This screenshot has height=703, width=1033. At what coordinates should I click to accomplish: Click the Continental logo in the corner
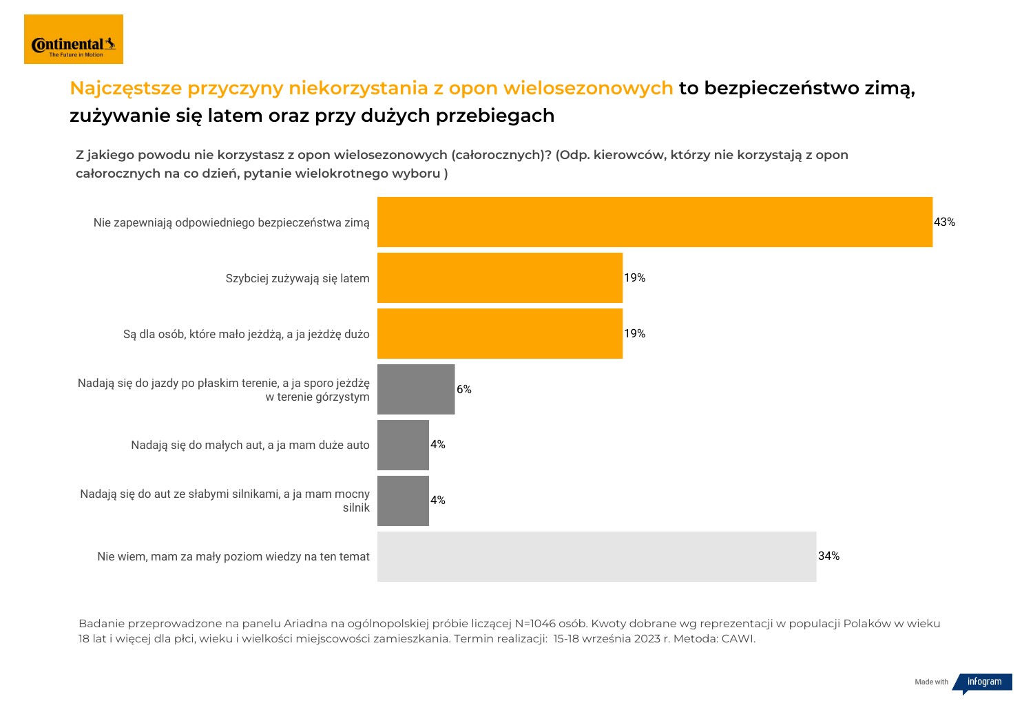tap(74, 39)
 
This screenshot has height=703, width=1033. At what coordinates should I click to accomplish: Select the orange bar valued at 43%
tap(654, 222)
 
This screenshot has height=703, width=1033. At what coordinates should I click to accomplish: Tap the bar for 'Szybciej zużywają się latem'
tap(499, 277)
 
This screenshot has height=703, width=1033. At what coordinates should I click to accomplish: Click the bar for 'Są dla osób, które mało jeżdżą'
tap(499, 333)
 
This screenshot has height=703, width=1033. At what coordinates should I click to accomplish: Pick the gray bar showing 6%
tap(416, 389)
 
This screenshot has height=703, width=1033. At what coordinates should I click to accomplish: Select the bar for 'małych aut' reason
tap(403, 445)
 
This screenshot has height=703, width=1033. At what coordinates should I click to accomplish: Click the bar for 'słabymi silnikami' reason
tap(403, 501)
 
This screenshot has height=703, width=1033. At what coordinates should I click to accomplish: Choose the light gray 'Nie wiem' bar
tap(596, 556)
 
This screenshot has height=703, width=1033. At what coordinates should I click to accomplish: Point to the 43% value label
tap(944, 222)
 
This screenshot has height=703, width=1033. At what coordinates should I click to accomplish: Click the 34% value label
tap(828, 556)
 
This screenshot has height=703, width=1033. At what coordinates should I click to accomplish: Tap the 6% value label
tap(464, 389)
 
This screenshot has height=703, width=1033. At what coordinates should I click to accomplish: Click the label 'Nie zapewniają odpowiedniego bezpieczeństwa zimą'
tap(231, 222)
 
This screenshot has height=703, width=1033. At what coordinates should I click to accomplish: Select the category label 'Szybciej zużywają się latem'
tap(298, 278)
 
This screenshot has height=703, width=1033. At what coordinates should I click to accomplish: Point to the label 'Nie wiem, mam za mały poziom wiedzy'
tap(233, 556)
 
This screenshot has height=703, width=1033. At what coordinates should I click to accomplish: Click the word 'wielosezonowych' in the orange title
tap(588, 88)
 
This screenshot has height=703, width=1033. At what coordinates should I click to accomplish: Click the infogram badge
tap(983, 682)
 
